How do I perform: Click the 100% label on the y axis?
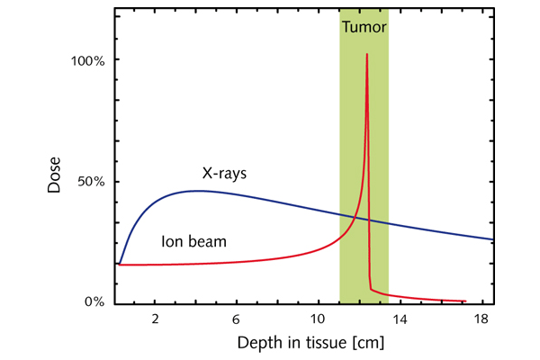coord(89,60)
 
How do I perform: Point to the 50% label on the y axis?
coord(93,181)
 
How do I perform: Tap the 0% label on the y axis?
coord(95,301)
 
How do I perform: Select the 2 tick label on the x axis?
coord(155,319)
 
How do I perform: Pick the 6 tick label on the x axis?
coord(236,319)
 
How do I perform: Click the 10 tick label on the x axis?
coord(317,319)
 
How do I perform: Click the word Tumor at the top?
coord(364,28)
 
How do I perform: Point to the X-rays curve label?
coord(222,171)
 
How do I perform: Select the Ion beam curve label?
coord(193,241)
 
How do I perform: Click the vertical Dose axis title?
coord(55,181)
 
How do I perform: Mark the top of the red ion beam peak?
coord(366,55)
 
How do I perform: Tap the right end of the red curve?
coord(464,301)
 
